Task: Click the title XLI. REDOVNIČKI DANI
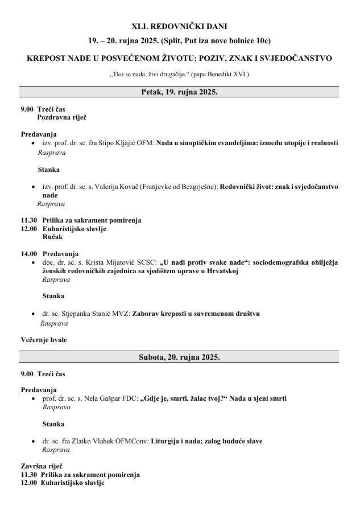(x=179, y=26)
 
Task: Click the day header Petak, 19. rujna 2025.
(x=179, y=92)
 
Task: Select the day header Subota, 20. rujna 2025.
(x=179, y=357)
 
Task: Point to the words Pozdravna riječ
(x=62, y=117)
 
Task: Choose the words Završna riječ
(x=42, y=466)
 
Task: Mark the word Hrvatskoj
(x=222, y=271)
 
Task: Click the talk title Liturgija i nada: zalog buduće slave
(x=206, y=441)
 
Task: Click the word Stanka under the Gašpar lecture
(x=53, y=424)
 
